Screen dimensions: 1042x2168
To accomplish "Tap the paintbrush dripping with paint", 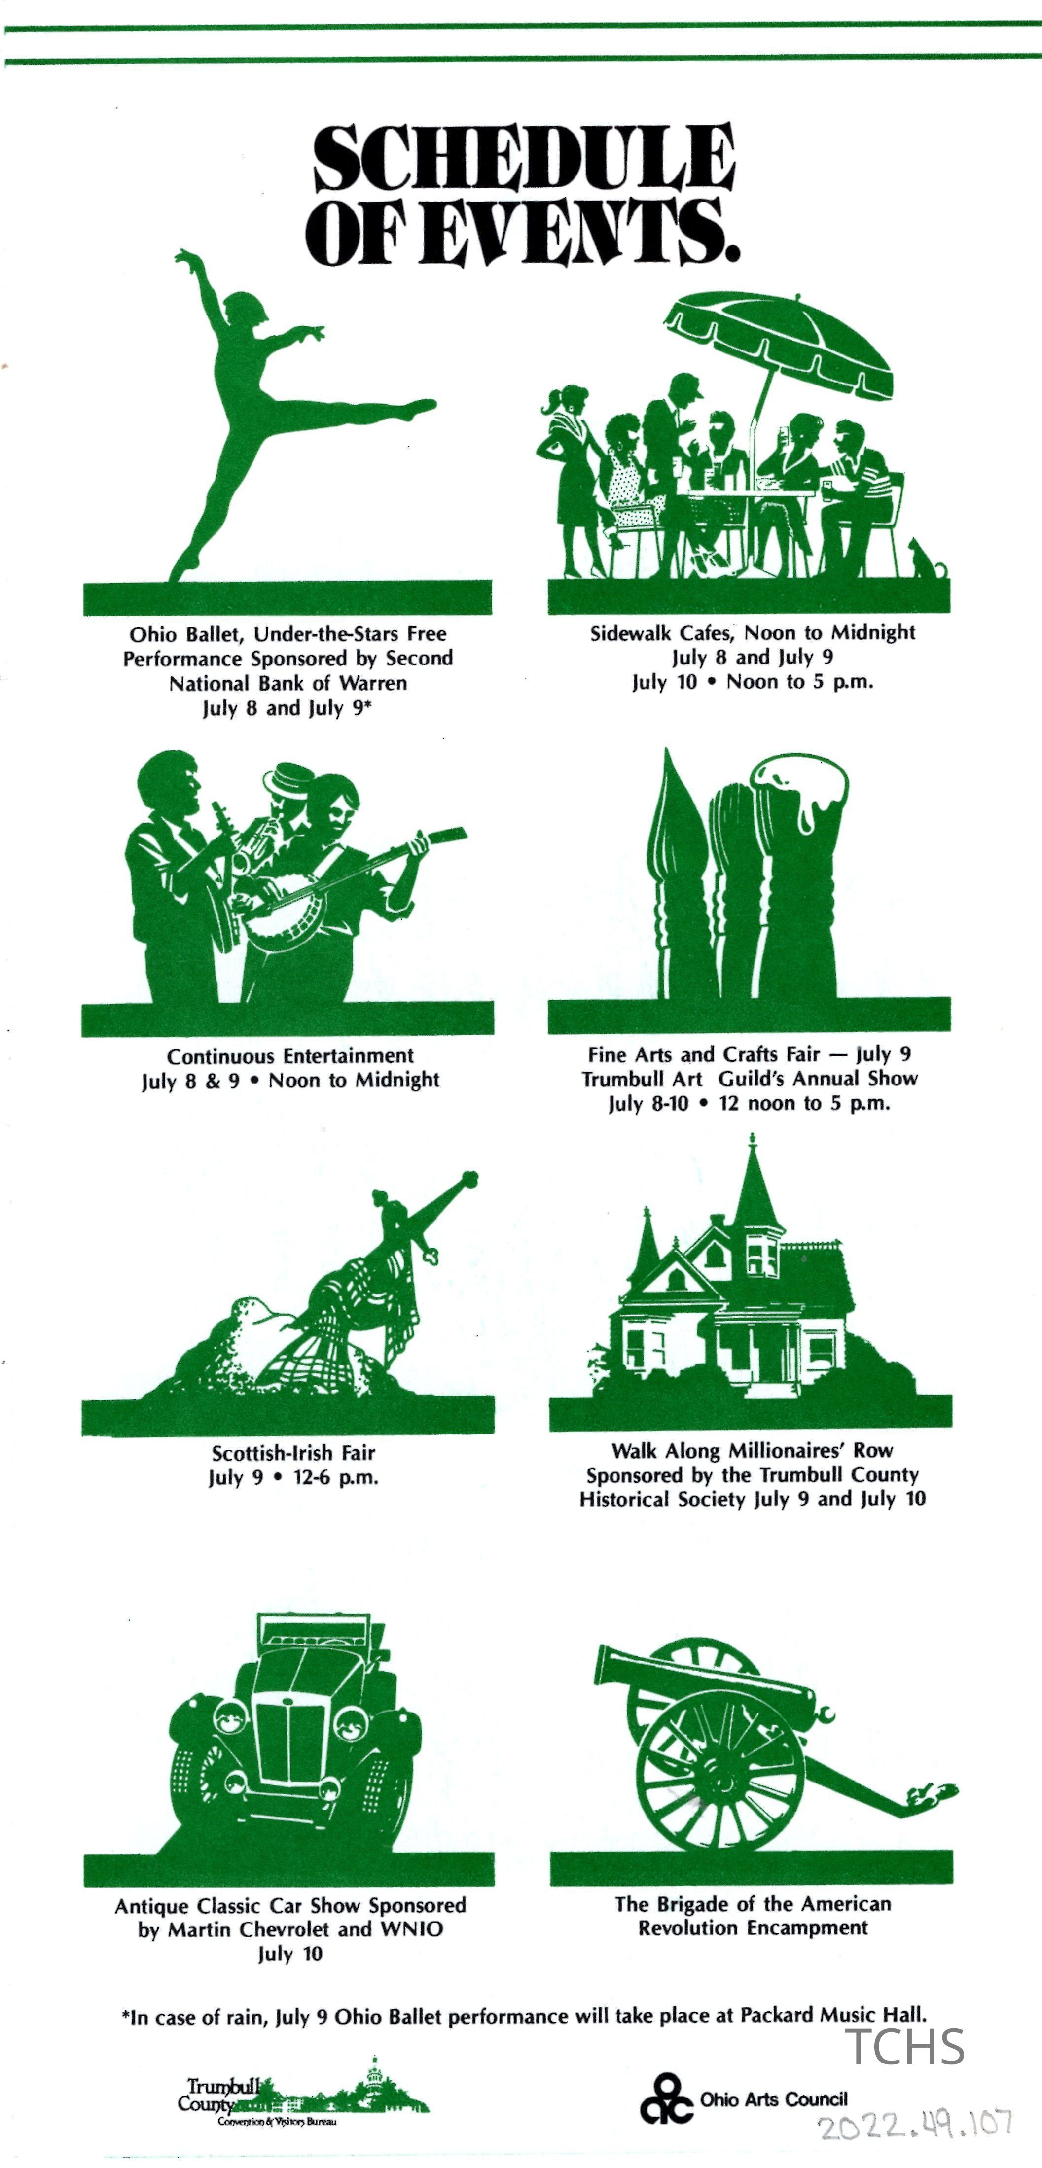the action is tap(799, 875).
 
